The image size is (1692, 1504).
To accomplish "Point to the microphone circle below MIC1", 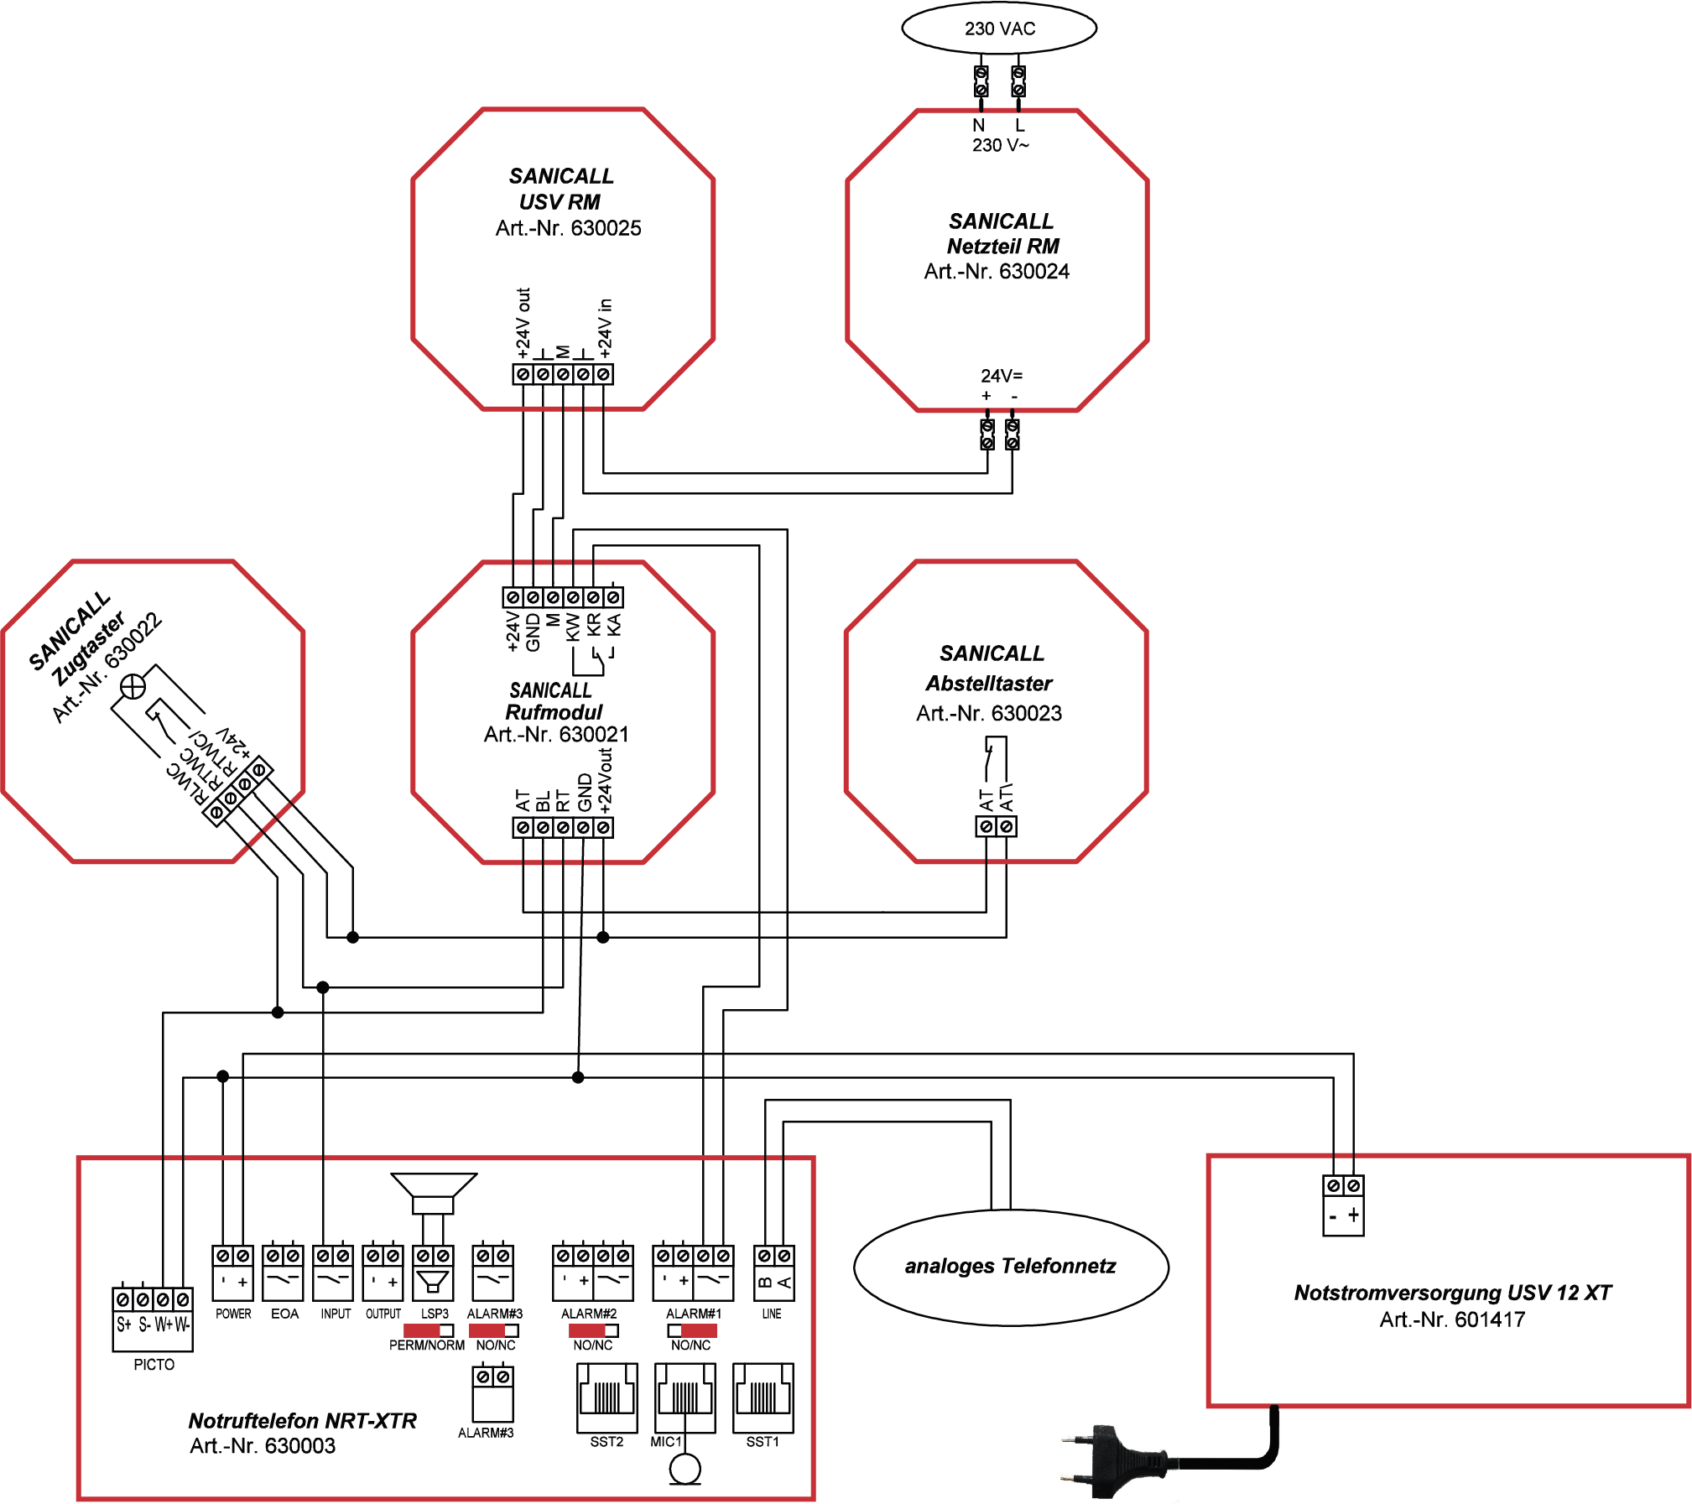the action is pyautogui.click(x=685, y=1469).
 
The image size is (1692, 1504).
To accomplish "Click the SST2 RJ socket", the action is pyautogui.click(x=607, y=1397).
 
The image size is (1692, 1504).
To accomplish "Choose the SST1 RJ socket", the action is pyautogui.click(x=763, y=1397).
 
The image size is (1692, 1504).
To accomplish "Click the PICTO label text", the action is pyautogui.click(x=154, y=1365).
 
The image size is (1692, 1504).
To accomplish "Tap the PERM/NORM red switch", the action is pyautogui.click(x=428, y=1330).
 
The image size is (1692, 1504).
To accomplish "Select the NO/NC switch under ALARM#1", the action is pyautogui.click(x=692, y=1330).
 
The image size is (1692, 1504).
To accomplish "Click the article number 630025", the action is pyautogui.click(x=606, y=228).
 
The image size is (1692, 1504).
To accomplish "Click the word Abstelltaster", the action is pyautogui.click(x=989, y=684).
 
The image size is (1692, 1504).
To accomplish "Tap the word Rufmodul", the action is pyautogui.click(x=554, y=712).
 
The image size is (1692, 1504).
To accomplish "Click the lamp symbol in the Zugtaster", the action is pyautogui.click(x=133, y=687).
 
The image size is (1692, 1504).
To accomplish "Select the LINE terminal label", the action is pyautogui.click(x=772, y=1314).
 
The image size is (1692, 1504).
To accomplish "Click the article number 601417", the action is pyautogui.click(x=1490, y=1319).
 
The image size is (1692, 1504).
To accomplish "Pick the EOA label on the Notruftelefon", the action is pyautogui.click(x=284, y=1314).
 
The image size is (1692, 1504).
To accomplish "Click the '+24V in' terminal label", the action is pyautogui.click(x=605, y=328).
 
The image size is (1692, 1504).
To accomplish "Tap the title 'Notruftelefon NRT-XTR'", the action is pyautogui.click(x=302, y=1421).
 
